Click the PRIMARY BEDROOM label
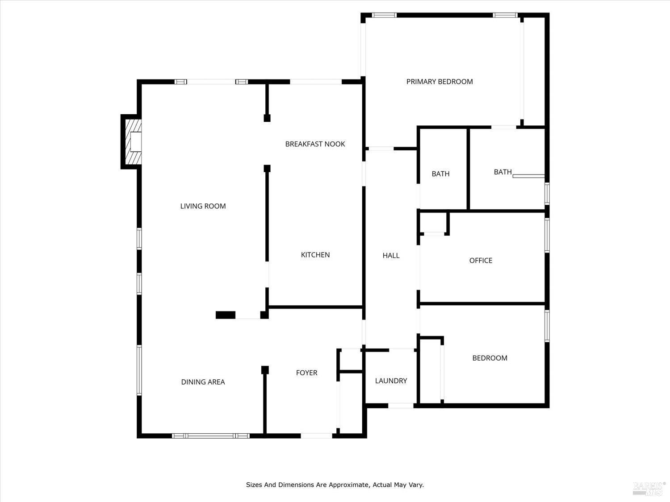coord(440,82)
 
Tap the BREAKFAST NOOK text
coord(315,144)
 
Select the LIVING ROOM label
coord(203,206)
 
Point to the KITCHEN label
coord(315,255)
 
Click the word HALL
coord(391,256)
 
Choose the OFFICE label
coord(481,261)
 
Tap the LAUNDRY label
coord(391,381)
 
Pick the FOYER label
coord(306,373)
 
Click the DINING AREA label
coord(203,382)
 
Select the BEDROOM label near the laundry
coord(490,358)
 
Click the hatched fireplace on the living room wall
coord(132,142)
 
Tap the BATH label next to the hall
coord(440,174)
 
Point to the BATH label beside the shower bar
coord(502,172)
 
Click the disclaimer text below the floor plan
coord(335,485)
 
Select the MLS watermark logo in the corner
coord(649,488)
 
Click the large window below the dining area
coord(210,436)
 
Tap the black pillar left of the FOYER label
coord(265,370)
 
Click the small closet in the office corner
coord(434,223)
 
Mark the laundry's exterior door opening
coord(401,406)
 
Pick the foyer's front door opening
coord(316,436)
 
